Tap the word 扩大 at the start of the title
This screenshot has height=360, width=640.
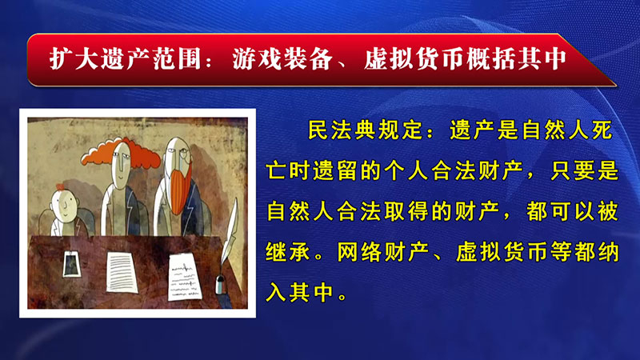coord(74,59)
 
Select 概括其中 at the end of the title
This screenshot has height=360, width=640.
coord(517,59)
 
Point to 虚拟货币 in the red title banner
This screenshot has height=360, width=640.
coord(414,59)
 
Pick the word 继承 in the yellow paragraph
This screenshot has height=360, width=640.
coord(288,252)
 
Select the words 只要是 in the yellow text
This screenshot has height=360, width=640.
coord(584,171)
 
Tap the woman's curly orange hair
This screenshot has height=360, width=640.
coord(121,154)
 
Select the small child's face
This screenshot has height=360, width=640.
coord(65,206)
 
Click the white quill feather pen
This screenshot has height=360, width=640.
coord(230,231)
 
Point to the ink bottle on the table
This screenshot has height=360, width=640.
coord(221,284)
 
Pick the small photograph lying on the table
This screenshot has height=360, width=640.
coord(72,264)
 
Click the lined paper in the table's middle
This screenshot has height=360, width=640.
coord(122,272)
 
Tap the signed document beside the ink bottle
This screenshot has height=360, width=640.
coord(185,277)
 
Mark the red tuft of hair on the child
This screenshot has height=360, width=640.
coord(60,187)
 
